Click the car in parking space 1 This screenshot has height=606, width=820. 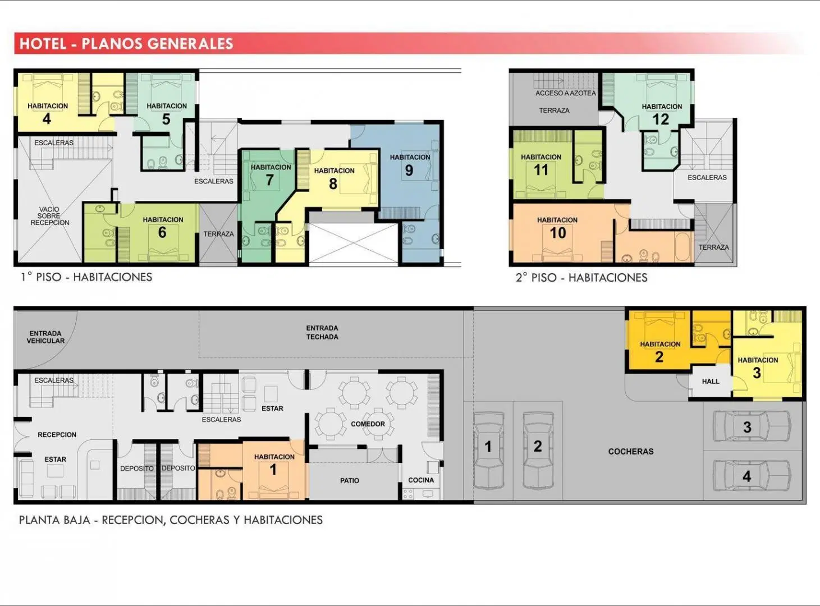pos(488,450)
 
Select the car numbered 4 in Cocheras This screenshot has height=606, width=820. pos(752,475)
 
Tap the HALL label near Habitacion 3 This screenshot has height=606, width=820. pos(711,381)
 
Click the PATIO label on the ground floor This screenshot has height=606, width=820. pos(349,481)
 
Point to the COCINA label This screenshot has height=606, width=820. pos(421,480)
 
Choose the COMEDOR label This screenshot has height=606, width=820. pos(368,424)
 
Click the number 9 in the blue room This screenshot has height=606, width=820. pos(409,171)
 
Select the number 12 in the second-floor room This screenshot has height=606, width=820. pos(661,120)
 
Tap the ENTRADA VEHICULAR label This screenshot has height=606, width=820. pos(45,337)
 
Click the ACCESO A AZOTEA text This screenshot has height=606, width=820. pos(565,93)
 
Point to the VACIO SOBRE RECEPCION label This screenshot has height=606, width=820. pos(49,216)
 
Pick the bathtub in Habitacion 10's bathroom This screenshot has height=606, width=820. pos(683,247)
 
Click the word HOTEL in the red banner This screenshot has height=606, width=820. pos(43,44)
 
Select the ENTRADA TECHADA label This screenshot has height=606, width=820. pos(322,332)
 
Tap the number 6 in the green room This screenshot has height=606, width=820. pos(162,232)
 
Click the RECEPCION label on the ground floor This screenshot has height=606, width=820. pos(57,434)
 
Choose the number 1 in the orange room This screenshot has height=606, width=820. pos(273,470)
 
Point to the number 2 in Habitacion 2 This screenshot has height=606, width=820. pos(659,357)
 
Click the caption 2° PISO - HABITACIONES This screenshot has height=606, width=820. pos(581,278)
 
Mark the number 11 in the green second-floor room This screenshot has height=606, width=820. pos(540,170)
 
